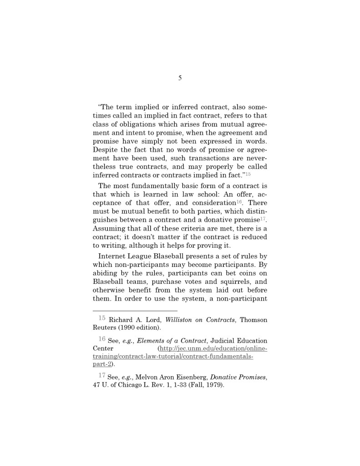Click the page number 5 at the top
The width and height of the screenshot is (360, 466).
(180, 78)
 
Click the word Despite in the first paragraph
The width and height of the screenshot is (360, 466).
(106, 149)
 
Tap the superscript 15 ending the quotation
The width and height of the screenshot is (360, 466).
(248, 174)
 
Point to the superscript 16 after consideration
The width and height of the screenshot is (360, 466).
(239, 202)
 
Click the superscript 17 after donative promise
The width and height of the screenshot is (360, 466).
(263, 219)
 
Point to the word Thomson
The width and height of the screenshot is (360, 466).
(254, 320)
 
